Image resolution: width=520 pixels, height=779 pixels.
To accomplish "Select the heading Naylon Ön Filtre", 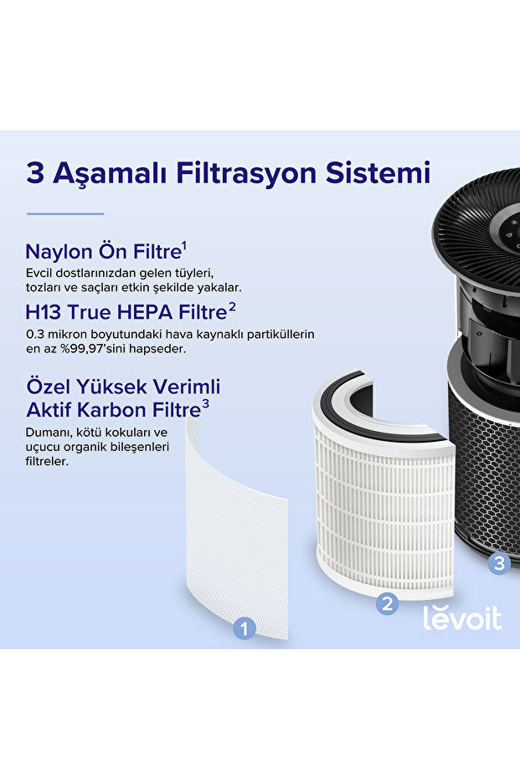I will [103, 251].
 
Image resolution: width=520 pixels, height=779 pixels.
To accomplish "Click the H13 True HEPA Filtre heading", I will [126, 312].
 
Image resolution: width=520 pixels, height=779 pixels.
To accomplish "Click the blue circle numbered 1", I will [244, 628].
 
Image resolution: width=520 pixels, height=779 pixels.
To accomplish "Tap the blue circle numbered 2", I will [387, 603].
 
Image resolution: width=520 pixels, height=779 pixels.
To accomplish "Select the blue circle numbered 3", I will [499, 563].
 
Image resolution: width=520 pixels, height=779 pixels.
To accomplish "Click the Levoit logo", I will [462, 618].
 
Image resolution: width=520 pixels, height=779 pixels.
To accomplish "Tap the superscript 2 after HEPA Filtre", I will [232, 306].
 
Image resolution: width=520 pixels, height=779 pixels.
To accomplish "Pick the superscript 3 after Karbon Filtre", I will [205, 404].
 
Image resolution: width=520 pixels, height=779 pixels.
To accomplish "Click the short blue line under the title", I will [65, 213].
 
